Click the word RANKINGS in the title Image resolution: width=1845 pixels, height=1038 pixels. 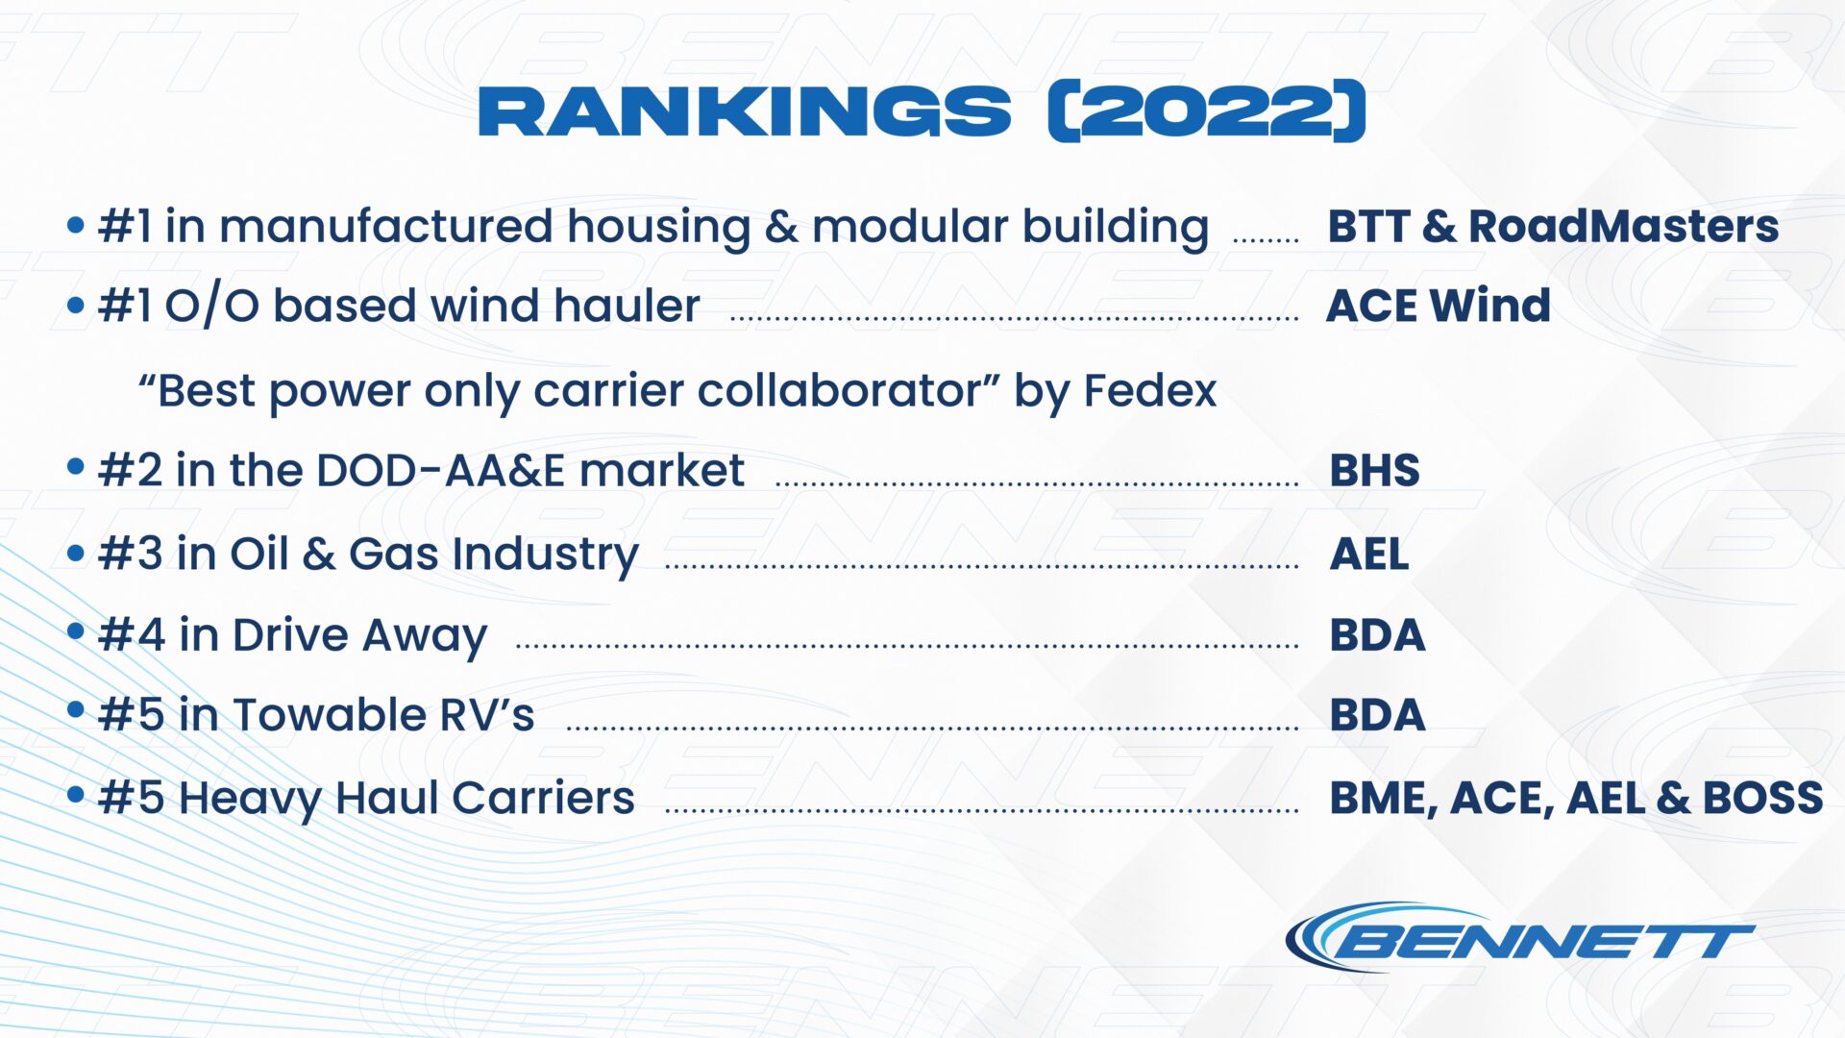[x=745, y=111]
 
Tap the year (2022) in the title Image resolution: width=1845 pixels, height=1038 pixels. [x=1207, y=111]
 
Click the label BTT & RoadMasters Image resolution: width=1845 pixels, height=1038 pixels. [x=1553, y=226]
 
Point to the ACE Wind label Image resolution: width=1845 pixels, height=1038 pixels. [x=1439, y=306]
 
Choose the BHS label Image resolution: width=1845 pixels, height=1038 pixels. [x=1375, y=470]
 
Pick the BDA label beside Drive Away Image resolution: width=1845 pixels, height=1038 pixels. [x=1378, y=635]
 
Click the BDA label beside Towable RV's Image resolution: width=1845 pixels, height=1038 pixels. [x=1378, y=715]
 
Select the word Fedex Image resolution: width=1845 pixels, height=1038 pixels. [x=1150, y=390]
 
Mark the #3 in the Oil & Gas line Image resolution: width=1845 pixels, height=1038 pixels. [x=131, y=555]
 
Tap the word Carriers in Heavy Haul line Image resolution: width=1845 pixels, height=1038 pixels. [x=543, y=798]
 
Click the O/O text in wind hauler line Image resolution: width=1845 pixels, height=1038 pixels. [x=212, y=307]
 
